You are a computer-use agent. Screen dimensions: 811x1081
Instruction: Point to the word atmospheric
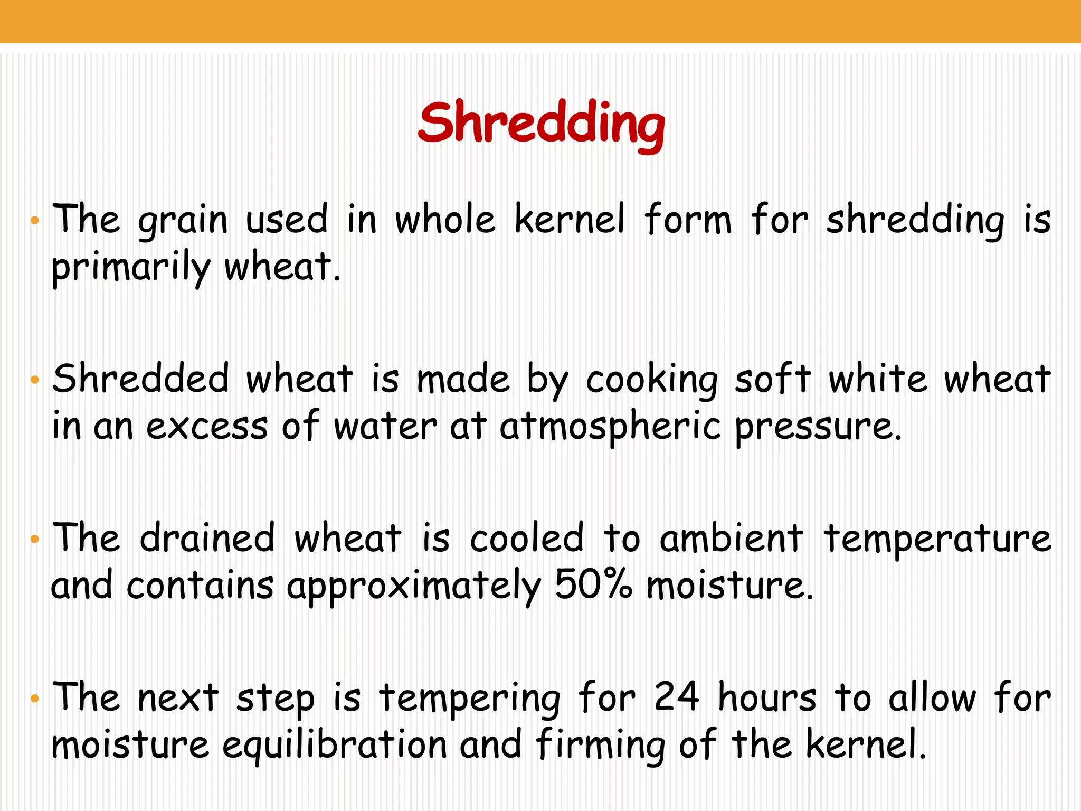point(610,427)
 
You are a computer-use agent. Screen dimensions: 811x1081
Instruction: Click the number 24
point(677,697)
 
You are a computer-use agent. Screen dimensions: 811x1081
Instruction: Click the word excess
point(207,427)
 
